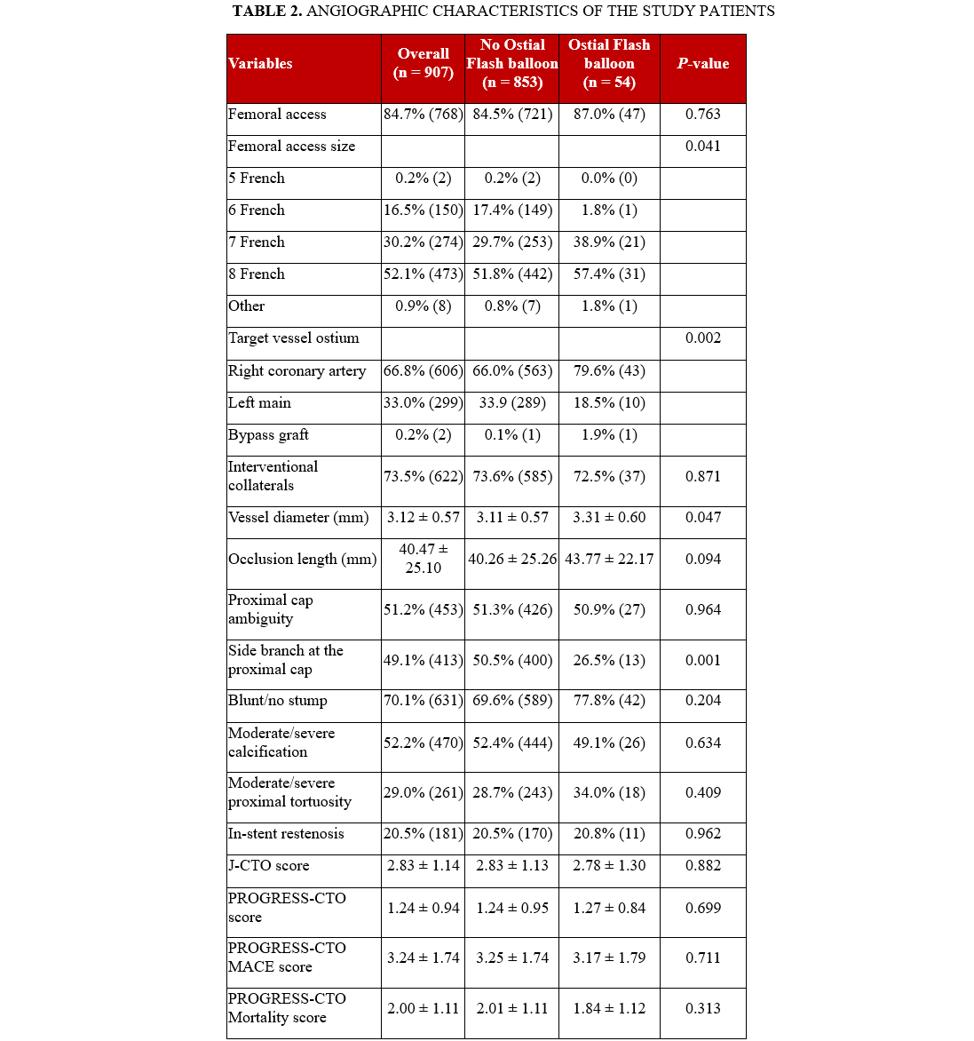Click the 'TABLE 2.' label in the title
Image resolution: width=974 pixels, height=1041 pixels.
(x=266, y=12)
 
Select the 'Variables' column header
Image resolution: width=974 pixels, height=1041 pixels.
(x=260, y=64)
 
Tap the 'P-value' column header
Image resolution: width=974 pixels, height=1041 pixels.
(x=703, y=64)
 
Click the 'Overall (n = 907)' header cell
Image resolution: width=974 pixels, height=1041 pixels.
(x=424, y=63)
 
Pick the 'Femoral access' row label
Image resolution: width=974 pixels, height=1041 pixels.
(x=277, y=115)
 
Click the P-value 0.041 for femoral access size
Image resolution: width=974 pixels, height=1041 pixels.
(x=703, y=147)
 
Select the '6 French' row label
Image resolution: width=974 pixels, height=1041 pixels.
(x=257, y=211)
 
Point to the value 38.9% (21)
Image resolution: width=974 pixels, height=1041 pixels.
(x=609, y=242)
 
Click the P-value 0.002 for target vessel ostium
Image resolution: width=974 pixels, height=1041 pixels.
(x=703, y=338)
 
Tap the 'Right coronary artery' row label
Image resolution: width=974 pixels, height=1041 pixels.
(x=297, y=371)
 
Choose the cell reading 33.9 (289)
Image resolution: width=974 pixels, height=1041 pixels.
(x=512, y=403)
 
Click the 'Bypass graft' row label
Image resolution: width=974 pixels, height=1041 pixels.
(x=268, y=435)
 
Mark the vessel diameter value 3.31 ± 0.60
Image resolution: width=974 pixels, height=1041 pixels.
(x=609, y=518)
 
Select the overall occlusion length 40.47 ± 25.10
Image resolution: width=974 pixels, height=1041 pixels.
(x=424, y=559)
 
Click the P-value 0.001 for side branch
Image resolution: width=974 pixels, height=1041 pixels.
(x=703, y=661)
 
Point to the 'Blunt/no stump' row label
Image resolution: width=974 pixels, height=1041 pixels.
(x=278, y=701)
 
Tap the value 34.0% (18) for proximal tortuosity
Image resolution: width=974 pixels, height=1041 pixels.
(x=609, y=793)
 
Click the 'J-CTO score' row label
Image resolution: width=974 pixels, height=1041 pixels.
(x=269, y=866)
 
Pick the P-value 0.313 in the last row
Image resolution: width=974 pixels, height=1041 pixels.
(x=703, y=1009)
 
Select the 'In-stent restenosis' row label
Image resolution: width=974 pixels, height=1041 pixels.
(x=286, y=834)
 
